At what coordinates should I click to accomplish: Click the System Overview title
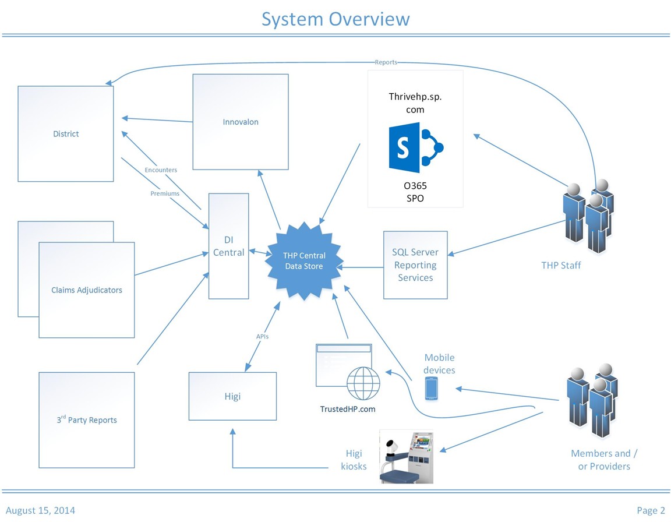[x=335, y=19]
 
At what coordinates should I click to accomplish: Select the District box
[x=66, y=133]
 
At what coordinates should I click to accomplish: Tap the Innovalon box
[x=241, y=122]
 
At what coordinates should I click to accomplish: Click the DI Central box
[x=229, y=246]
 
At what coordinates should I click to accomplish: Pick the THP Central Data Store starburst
[x=303, y=260]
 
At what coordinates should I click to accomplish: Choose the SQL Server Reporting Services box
[x=415, y=265]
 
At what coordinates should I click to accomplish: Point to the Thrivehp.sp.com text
[x=415, y=103]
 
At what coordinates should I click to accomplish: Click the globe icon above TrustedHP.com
[x=363, y=383]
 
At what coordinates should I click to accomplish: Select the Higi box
[x=232, y=396]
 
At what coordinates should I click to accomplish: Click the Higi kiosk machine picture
[x=408, y=456]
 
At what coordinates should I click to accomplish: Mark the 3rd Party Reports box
[x=87, y=419]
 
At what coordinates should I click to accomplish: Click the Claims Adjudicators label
[x=87, y=290]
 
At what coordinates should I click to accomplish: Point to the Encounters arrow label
[x=161, y=170]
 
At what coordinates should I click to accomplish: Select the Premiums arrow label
[x=165, y=193]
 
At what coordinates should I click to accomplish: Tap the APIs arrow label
[x=262, y=336]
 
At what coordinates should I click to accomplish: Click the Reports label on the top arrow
[x=386, y=62]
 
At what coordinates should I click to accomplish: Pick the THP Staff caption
[x=561, y=266]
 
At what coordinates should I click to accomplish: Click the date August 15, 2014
[x=40, y=510]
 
